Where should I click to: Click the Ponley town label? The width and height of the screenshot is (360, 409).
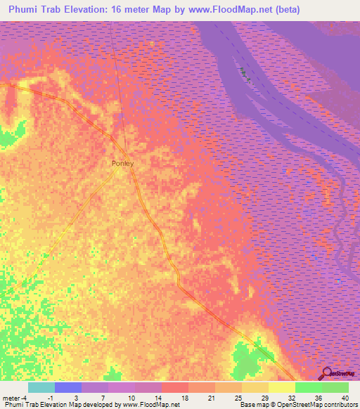click(122, 163)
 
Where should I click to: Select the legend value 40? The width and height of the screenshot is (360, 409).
click(344, 397)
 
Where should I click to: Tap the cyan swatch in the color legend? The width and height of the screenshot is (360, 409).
click(41, 387)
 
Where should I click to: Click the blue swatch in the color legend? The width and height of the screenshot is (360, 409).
click(68, 387)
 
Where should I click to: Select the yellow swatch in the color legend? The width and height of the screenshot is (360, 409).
click(282, 387)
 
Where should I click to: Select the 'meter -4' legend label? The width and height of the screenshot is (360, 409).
click(15, 397)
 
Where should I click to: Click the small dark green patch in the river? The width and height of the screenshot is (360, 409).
click(244, 73)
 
